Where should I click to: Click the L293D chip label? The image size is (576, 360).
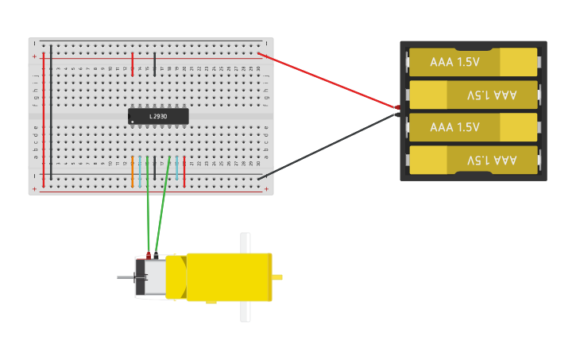click(158, 117)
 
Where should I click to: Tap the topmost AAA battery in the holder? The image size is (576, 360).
click(473, 62)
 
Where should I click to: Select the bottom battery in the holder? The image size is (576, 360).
click(473, 160)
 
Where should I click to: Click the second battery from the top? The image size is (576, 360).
click(473, 95)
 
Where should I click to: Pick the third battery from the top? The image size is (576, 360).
click(473, 127)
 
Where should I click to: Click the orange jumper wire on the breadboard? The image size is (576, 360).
click(133, 172)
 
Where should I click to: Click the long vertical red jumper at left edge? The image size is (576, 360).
click(43, 119)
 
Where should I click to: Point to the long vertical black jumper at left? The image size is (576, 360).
click(51, 111)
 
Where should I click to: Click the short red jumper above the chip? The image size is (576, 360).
click(133, 64)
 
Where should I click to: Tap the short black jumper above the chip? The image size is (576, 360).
click(155, 64)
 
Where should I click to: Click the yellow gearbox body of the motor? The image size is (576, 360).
click(229, 277)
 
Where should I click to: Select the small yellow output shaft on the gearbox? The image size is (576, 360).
click(277, 277)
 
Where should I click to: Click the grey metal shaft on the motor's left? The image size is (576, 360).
click(126, 277)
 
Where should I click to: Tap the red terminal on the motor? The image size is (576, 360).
click(148, 256)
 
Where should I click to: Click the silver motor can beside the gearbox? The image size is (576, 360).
click(155, 277)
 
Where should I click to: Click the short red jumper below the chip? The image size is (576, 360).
click(184, 172)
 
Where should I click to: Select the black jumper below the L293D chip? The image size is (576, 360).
click(155, 172)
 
